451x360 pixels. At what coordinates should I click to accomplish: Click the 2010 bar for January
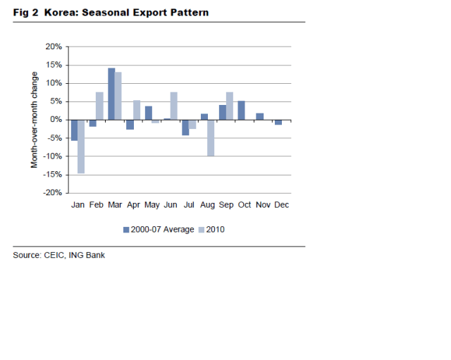pos(81,146)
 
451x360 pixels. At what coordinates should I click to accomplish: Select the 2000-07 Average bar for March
pos(111,94)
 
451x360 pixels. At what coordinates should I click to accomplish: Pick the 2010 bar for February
pos(99,106)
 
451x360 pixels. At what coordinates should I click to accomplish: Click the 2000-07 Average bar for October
pos(241,110)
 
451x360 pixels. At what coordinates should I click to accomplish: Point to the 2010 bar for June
pos(173,106)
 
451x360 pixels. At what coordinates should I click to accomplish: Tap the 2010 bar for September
pos(229,106)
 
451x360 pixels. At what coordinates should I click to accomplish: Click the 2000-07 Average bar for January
pos(74,130)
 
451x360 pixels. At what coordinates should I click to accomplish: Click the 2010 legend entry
pos(212,229)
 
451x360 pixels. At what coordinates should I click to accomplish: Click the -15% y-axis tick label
pos(52,174)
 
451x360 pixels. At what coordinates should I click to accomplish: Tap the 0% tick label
pos(56,120)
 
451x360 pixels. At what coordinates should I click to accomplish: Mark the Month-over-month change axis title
pos(34,120)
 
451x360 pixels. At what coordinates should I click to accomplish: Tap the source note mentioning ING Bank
pos(58,255)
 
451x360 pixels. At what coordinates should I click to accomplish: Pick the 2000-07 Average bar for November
pos(259,116)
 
